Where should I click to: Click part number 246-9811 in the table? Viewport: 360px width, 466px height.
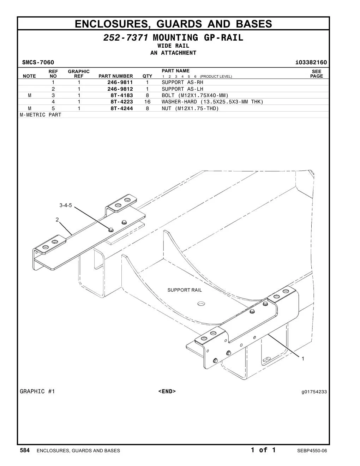pyautogui.click(x=120, y=82)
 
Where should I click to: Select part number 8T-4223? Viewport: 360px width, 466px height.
pyautogui.click(x=122, y=102)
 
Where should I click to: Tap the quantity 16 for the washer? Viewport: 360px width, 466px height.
pyautogui.click(x=147, y=102)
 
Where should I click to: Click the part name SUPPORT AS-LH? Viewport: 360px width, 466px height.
pyautogui.click(x=182, y=89)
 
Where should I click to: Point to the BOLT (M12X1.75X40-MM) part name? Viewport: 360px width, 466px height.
pyautogui.click(x=195, y=95)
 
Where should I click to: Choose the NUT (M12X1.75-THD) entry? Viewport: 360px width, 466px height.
pyautogui.click(x=190, y=108)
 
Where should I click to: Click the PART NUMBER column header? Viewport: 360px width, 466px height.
pyautogui.click(x=116, y=76)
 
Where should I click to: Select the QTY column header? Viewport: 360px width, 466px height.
pyautogui.click(x=147, y=76)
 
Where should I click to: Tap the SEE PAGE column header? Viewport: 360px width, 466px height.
pyautogui.click(x=317, y=74)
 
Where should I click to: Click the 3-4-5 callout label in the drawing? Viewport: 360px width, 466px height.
pyautogui.click(x=66, y=205)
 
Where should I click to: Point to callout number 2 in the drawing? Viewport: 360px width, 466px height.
pyautogui.click(x=57, y=220)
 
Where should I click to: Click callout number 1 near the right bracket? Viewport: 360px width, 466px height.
pyautogui.click(x=303, y=359)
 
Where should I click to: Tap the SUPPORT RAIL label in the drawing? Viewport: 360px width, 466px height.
pyautogui.click(x=185, y=290)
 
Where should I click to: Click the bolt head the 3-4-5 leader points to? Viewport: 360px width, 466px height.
pyautogui.click(x=110, y=230)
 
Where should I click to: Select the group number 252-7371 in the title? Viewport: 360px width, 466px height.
pyautogui.click(x=126, y=38)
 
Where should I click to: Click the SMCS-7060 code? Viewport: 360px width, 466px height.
pyautogui.click(x=38, y=62)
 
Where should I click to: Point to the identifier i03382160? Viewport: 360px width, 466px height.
pyautogui.click(x=311, y=62)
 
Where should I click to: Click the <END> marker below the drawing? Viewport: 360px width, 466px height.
pyautogui.click(x=167, y=392)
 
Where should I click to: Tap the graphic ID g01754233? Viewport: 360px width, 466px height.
pyautogui.click(x=314, y=392)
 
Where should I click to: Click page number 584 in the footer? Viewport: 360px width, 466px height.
pyautogui.click(x=25, y=450)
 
